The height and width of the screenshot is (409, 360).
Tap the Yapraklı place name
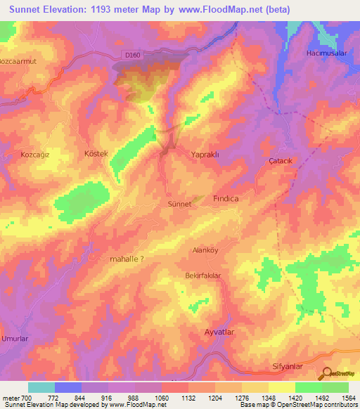[x=207, y=152]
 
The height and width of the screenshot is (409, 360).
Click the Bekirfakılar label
[x=203, y=275]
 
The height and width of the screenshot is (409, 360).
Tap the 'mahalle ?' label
[x=127, y=259]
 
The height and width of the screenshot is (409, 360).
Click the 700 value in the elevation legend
[x=21, y=398]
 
